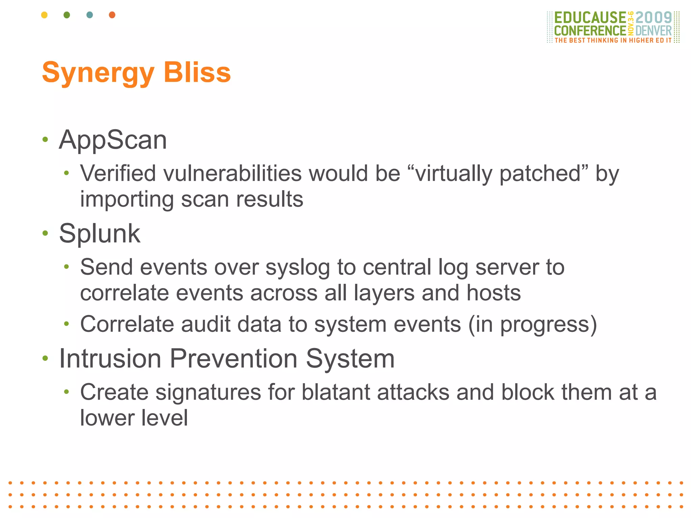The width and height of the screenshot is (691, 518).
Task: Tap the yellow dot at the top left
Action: [44, 15]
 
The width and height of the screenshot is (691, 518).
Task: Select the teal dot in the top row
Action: [90, 15]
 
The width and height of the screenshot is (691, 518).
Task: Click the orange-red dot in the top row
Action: [112, 15]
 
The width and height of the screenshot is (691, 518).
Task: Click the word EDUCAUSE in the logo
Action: [590, 18]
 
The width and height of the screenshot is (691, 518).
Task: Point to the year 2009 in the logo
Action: [654, 18]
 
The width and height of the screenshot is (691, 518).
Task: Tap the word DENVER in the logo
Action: [654, 31]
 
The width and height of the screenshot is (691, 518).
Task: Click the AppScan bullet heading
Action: [113, 140]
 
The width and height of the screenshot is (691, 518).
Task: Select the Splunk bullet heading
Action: [100, 233]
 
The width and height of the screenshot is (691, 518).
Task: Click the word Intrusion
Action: [110, 358]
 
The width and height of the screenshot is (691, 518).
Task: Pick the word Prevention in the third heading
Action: [233, 358]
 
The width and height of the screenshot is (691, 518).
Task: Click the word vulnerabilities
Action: [232, 174]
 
